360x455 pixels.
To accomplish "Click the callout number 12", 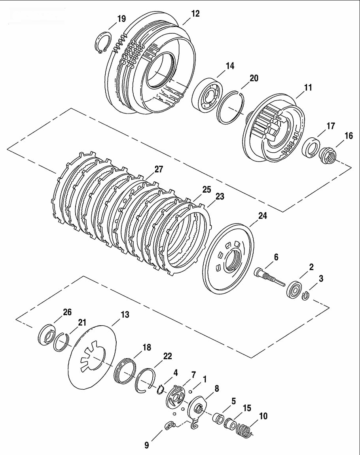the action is pos(195,13).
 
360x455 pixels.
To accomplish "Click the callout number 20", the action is pos(254,78).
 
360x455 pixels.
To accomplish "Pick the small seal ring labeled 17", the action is pos(311,148).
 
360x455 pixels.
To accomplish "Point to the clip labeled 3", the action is pos(305,296).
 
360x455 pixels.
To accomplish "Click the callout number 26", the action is pos(67,312).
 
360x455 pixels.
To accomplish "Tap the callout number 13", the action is pos(125,315).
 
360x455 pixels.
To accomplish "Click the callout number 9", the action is pos(147,445).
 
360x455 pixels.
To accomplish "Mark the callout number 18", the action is pos(147,347).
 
